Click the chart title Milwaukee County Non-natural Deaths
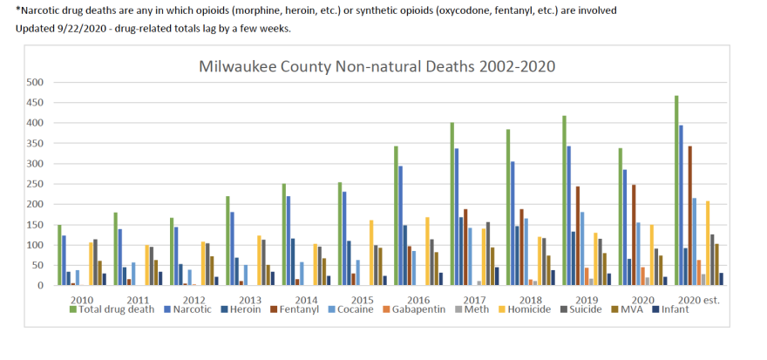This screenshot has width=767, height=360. (x=377, y=66)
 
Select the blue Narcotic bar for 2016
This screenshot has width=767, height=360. (x=401, y=226)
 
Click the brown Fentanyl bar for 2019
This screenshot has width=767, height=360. (x=578, y=235)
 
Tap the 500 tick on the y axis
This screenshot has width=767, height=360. (x=34, y=82)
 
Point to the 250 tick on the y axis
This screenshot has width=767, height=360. (x=34, y=184)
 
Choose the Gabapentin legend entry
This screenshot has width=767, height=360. (x=421, y=309)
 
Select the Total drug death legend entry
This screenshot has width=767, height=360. (x=118, y=309)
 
